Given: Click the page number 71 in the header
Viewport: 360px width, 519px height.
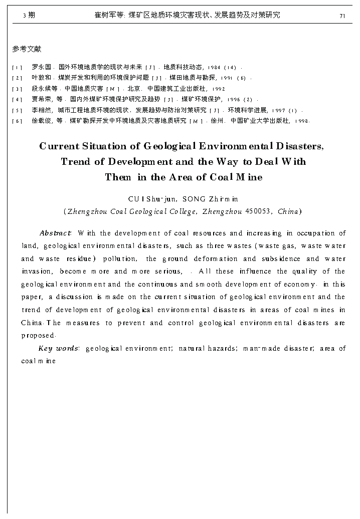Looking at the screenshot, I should pyautogui.click(x=342, y=16).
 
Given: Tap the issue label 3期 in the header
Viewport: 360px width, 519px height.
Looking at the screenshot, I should pyautogui.click(x=29, y=16).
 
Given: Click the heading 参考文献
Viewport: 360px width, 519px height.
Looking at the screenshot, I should pyautogui.click(x=27, y=49).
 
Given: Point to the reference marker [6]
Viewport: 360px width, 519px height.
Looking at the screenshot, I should pyautogui.click(x=17, y=121).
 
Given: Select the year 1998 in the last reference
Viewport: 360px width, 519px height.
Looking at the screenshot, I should pyautogui.click(x=302, y=121).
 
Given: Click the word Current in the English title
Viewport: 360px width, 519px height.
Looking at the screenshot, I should pyautogui.click(x=59, y=146).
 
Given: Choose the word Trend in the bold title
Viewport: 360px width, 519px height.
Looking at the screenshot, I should pyautogui.click(x=75, y=162).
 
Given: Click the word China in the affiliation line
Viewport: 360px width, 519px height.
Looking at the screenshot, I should pyautogui.click(x=288, y=211).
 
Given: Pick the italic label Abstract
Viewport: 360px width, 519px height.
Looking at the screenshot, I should pyautogui.click(x=55, y=233).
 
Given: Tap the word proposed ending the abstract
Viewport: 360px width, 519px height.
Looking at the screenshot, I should pyautogui.click(x=37, y=336).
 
